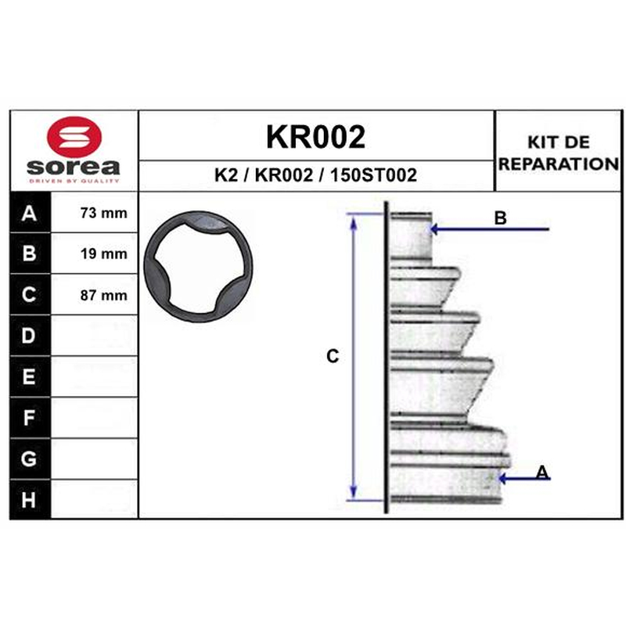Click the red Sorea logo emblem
[74, 137]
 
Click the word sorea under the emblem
[74, 167]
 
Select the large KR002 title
[316, 137]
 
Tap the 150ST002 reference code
[373, 174]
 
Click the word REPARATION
[559, 164]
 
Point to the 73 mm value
[104, 213]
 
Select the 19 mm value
[104, 254]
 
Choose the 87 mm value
[104, 295]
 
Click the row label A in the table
[30, 213]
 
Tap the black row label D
[29, 336]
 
